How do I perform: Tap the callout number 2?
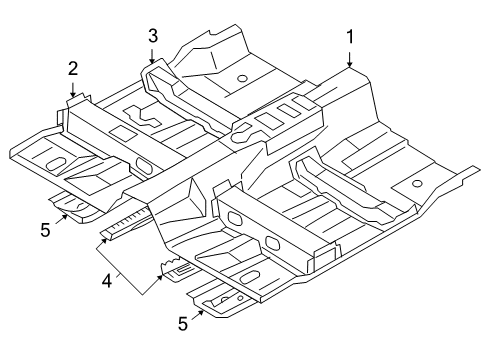72,68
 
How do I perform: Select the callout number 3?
152,36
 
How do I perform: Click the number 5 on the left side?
45,229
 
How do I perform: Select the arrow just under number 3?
152,57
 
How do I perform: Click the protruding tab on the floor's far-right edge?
467,177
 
